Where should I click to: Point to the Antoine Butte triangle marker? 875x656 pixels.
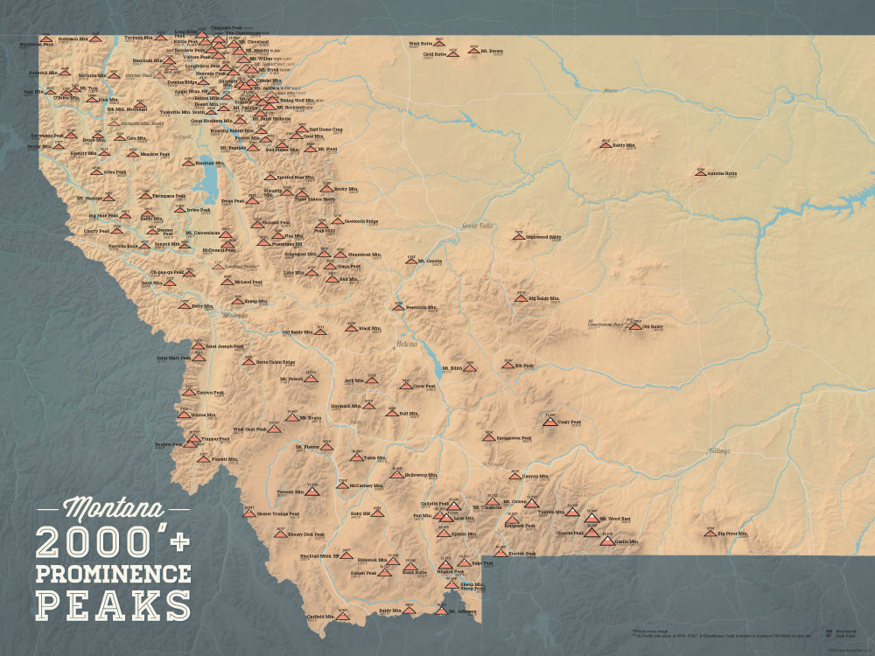point(700,172)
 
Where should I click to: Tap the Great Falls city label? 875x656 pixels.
point(479,225)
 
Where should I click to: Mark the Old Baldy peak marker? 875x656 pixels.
point(634,325)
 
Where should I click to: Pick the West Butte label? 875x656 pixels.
point(421,43)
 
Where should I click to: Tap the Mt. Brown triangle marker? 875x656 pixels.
point(473,51)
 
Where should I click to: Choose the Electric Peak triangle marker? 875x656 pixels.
point(500,553)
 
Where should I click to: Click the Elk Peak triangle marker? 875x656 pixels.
point(507,365)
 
